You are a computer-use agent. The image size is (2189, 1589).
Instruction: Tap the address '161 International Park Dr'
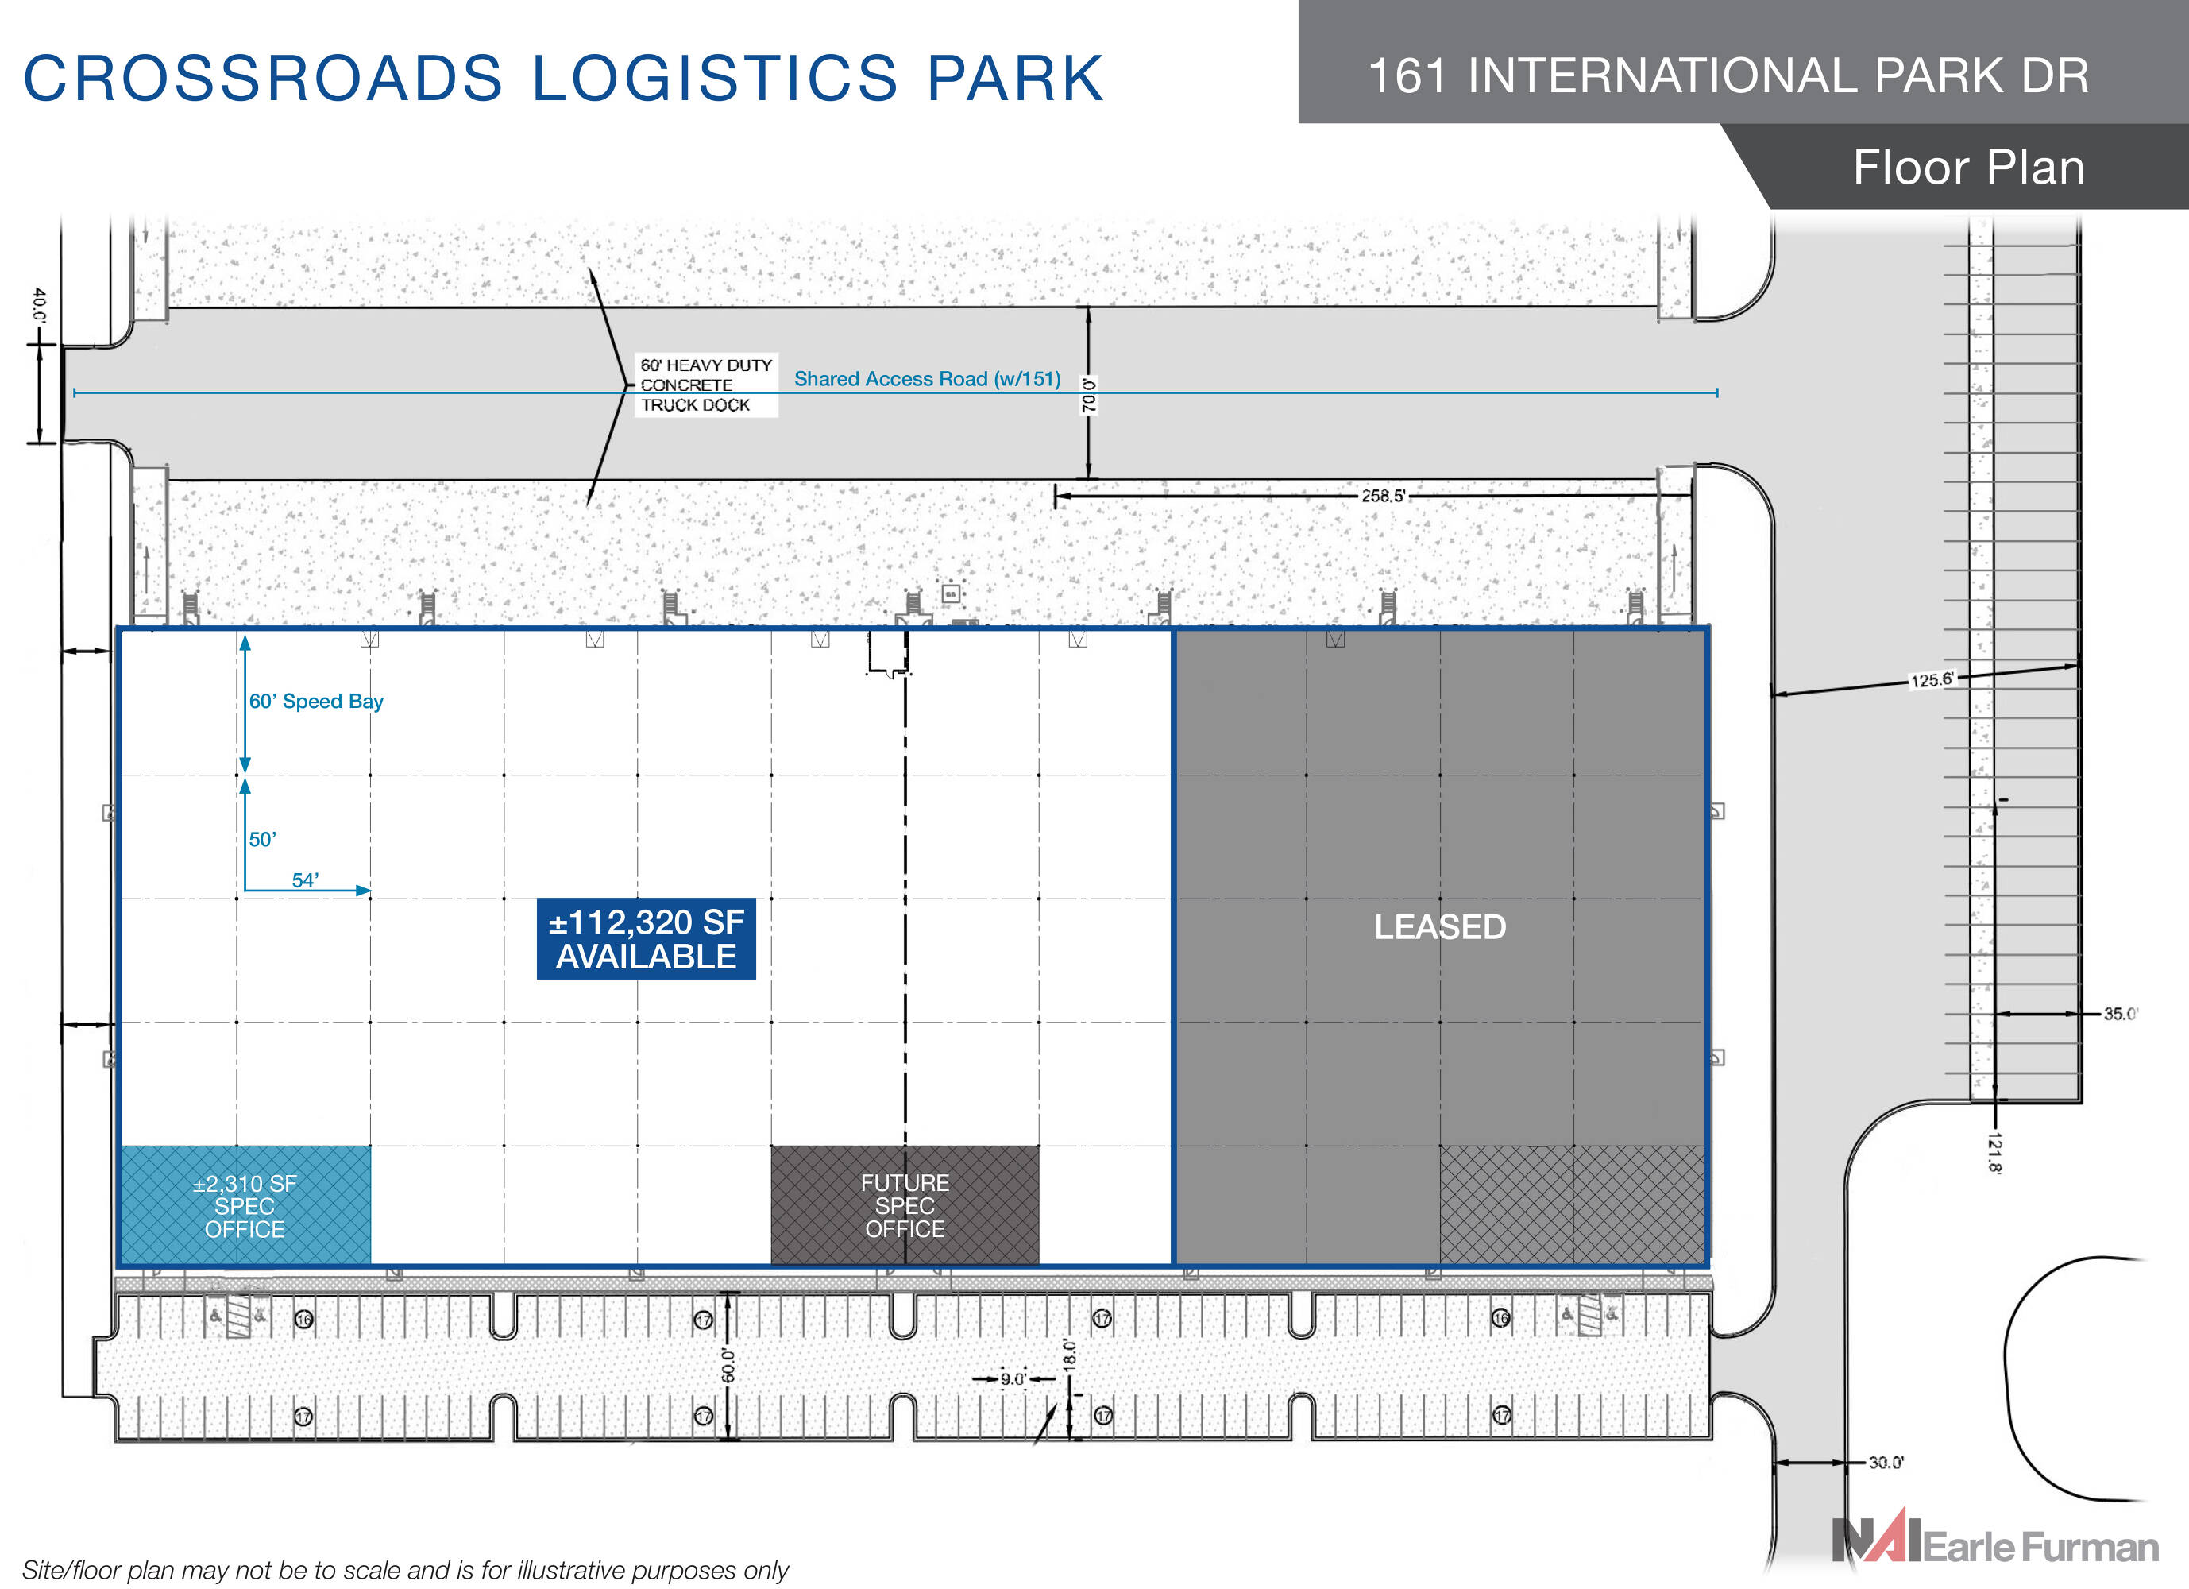click(1728, 75)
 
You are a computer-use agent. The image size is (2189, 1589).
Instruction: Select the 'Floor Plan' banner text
click(1968, 167)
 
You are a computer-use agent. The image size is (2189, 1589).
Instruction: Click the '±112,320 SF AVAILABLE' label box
click(646, 939)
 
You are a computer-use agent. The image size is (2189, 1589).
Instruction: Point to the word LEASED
click(1439, 926)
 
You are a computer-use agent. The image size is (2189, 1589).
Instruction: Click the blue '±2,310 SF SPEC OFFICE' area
click(245, 1206)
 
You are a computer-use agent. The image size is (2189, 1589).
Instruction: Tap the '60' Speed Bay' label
click(315, 701)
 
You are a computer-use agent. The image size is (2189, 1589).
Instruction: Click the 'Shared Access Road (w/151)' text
click(927, 378)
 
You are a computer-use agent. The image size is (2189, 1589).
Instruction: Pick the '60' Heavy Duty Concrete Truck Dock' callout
click(705, 385)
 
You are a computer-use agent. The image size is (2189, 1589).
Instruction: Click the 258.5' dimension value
click(1382, 495)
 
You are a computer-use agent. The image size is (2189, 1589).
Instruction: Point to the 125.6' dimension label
click(1932, 679)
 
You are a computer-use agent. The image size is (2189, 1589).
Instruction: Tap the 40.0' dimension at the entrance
click(39, 304)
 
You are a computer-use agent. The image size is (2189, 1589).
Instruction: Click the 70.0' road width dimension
click(1089, 395)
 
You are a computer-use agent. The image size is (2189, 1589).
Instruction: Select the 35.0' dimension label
click(2120, 1014)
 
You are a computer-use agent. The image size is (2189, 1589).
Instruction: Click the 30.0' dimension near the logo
click(1885, 1463)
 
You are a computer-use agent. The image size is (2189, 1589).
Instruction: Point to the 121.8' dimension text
click(1994, 1153)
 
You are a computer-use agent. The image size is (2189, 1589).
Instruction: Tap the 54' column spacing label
click(305, 880)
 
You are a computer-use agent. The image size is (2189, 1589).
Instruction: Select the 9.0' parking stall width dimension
click(1013, 1378)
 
